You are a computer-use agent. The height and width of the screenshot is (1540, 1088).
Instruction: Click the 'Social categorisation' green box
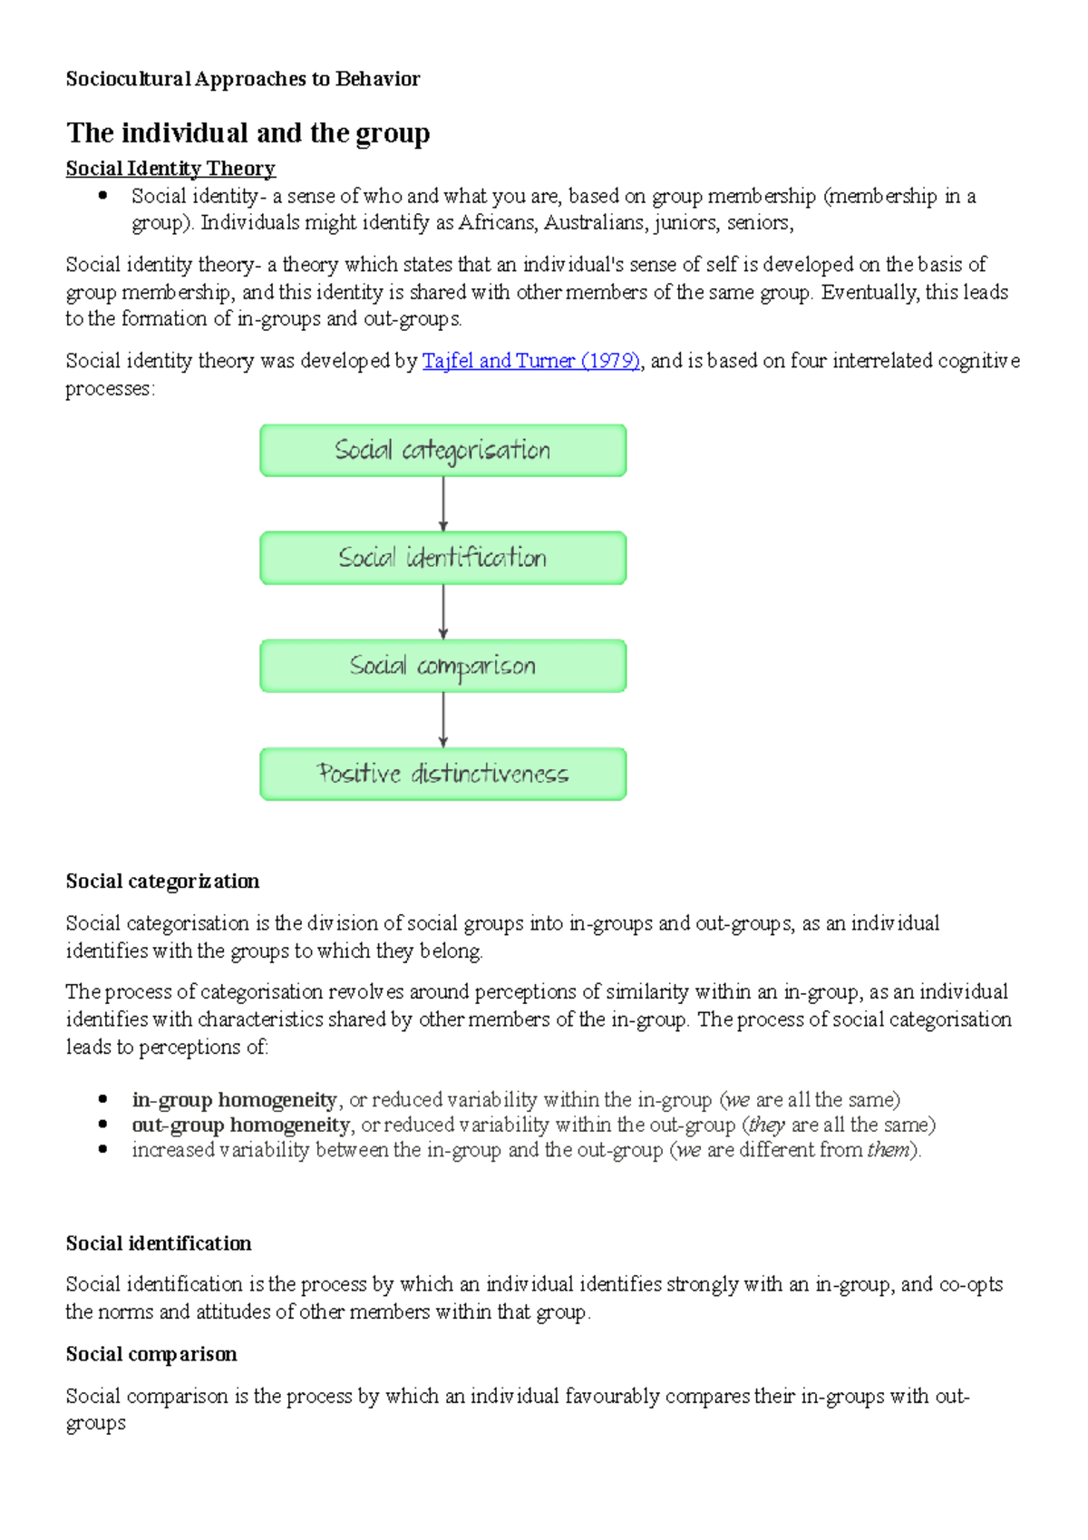[442, 450]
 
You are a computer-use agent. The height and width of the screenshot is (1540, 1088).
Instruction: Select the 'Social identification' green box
[442, 558]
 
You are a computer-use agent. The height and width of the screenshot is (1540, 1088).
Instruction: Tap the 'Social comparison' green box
[442, 666]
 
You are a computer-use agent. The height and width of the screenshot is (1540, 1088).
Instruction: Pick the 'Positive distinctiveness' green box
[442, 774]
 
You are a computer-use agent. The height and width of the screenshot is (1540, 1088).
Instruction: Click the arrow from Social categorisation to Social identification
[443, 503]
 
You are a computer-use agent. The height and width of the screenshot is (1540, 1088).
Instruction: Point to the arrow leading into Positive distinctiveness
[443, 719]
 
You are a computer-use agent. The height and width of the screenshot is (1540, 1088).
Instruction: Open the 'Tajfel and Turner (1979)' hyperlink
[531, 361]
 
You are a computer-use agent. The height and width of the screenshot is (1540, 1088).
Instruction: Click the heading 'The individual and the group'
[248, 133]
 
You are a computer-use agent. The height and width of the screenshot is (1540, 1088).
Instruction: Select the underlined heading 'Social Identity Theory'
[170, 169]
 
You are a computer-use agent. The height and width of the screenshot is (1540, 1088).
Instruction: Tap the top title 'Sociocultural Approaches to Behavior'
[242, 79]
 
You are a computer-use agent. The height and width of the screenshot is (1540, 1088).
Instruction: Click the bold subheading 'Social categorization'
[162, 882]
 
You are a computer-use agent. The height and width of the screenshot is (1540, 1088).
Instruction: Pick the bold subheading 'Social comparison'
[151, 1354]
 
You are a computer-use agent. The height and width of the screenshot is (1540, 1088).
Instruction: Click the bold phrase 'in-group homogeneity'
[234, 1100]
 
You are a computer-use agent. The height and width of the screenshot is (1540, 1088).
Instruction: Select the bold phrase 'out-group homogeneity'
[240, 1126]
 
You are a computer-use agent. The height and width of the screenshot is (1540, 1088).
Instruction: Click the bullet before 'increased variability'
[103, 1150]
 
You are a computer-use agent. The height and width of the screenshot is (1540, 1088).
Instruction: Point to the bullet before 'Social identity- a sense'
[103, 196]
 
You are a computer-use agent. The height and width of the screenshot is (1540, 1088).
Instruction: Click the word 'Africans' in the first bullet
[497, 223]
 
